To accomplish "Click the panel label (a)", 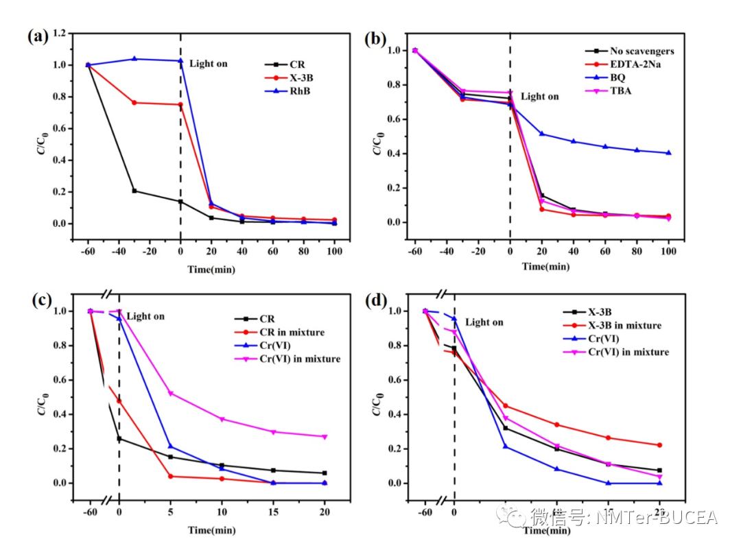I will (38, 37).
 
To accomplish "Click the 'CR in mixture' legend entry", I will (292, 332).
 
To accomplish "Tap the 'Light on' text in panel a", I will (208, 64).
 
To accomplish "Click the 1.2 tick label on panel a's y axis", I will (61, 34).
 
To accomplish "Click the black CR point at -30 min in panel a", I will (134, 191).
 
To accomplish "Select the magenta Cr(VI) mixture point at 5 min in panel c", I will (170, 393).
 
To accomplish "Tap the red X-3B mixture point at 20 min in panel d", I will (659, 445).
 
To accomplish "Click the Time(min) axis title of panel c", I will (211, 530).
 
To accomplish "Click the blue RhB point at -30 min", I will (134, 59).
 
